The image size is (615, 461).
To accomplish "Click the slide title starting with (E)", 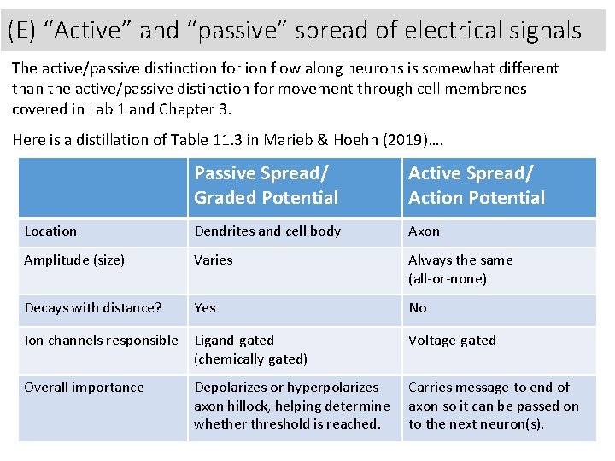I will [x=295, y=31].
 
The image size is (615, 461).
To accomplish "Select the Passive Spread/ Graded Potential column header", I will [x=266, y=185].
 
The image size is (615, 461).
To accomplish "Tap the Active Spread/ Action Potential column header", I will [x=476, y=185].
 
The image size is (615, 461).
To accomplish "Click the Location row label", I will [x=50, y=231].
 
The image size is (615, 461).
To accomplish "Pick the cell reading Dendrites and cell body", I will [x=267, y=231].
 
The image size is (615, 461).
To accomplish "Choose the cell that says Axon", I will [x=424, y=231].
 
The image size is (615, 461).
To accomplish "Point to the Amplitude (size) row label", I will [x=74, y=260].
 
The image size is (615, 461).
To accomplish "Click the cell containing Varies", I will [x=213, y=260].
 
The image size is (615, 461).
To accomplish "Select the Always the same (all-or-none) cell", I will [x=460, y=269].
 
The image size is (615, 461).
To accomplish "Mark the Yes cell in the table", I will [x=205, y=308].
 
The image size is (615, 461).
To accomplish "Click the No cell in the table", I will [x=418, y=308].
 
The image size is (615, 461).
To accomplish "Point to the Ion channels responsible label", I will [x=101, y=341].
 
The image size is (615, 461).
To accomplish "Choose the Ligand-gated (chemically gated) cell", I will [x=250, y=349].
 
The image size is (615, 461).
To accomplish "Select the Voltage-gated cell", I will [x=452, y=341].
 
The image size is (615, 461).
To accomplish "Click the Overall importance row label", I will [x=84, y=388].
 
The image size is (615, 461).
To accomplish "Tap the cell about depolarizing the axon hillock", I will [x=291, y=406].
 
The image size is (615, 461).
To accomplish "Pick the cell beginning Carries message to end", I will [x=493, y=406].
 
